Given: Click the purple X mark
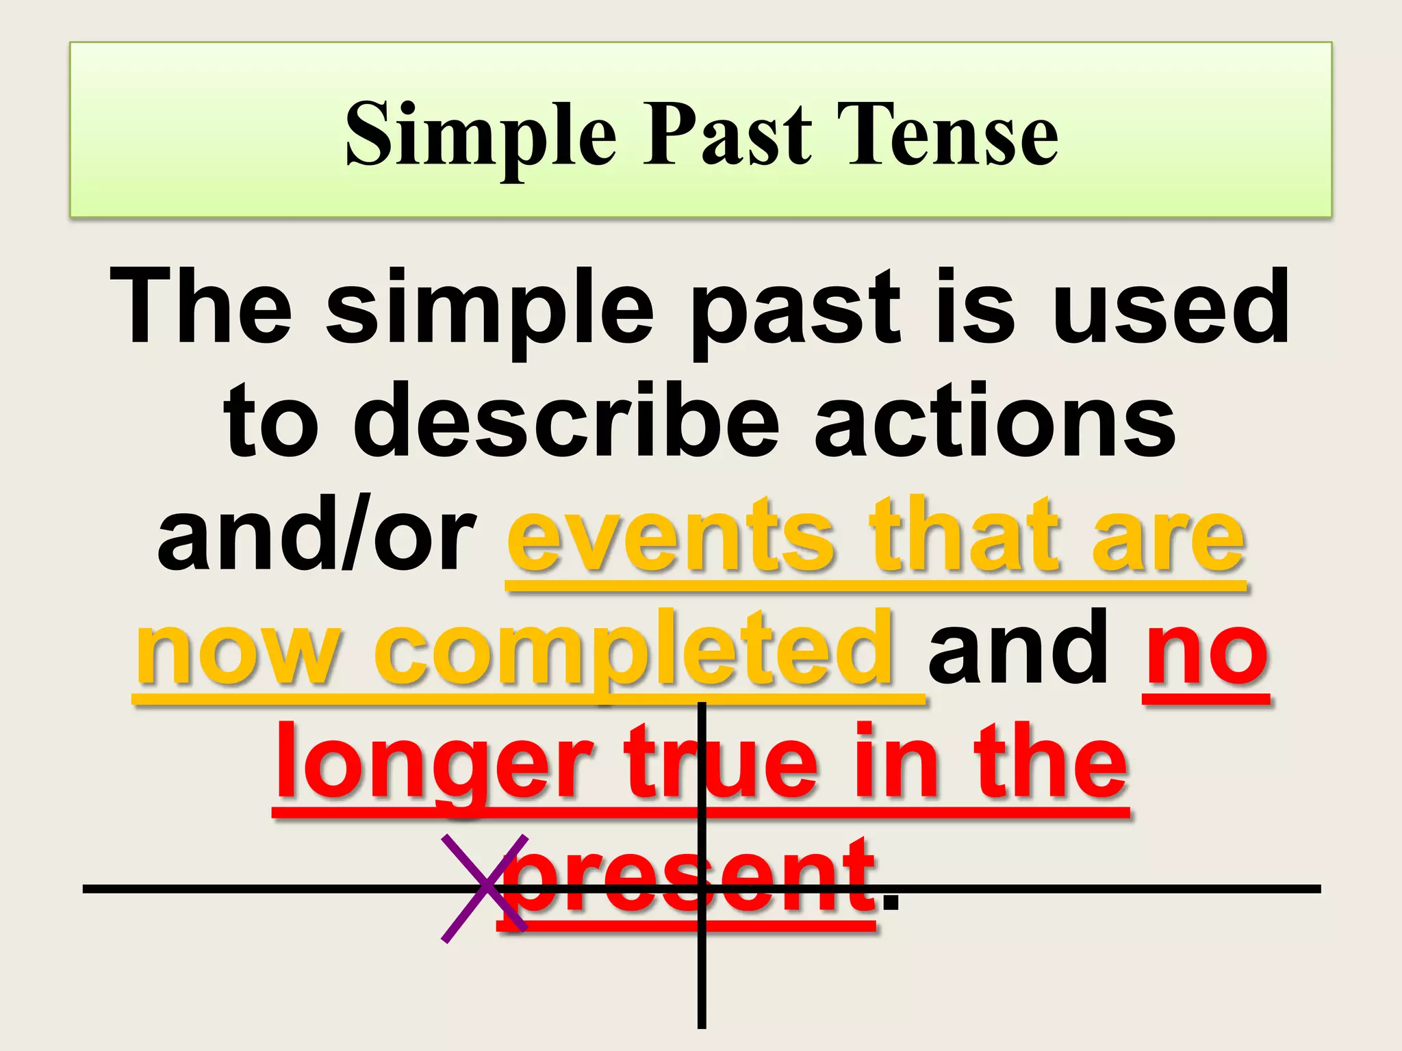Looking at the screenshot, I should [x=485, y=889].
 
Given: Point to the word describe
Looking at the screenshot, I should [x=565, y=421].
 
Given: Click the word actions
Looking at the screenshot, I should [x=995, y=421].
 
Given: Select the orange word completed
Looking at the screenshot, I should [x=634, y=650].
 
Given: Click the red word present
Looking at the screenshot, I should [x=688, y=879].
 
